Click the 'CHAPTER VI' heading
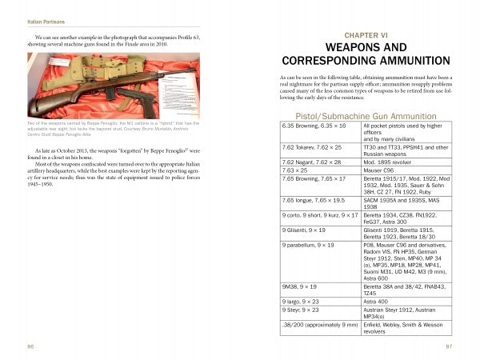(x=364, y=36)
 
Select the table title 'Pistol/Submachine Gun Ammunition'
(x=364, y=117)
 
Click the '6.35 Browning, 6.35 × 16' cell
(x=311, y=126)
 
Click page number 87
(x=450, y=346)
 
